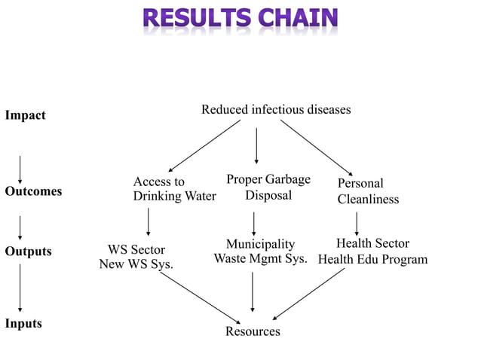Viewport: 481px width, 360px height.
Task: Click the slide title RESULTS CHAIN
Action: tap(240, 19)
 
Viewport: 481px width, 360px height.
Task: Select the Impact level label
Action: tap(25, 115)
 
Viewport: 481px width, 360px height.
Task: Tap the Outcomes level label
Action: tap(33, 191)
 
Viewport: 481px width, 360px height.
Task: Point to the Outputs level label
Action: tap(28, 252)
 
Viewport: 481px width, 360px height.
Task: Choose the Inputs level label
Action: tap(23, 324)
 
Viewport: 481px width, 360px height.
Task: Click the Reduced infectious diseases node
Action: tap(276, 110)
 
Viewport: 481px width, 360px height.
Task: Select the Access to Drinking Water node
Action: tap(174, 189)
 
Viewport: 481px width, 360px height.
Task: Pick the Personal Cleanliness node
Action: tap(368, 191)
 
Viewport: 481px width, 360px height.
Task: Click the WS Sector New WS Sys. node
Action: tap(136, 257)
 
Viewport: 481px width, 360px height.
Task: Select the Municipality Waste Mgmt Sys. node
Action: tap(260, 252)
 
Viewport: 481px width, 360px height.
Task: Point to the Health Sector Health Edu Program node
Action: tap(372, 252)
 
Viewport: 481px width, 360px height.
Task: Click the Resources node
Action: tap(253, 331)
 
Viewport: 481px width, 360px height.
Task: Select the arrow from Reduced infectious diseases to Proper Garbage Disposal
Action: tap(256, 145)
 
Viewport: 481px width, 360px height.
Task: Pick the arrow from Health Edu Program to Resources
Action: tap(308, 294)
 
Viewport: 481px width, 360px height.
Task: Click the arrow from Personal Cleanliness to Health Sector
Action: tap(357, 223)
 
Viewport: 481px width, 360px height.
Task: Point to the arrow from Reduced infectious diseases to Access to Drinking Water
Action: tap(204, 147)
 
